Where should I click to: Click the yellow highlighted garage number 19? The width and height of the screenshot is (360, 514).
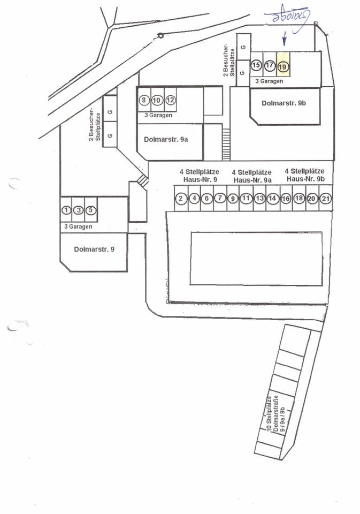coord(283,66)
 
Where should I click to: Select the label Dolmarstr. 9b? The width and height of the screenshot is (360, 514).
coord(284,103)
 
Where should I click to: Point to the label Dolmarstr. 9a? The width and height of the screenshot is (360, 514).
coord(166,139)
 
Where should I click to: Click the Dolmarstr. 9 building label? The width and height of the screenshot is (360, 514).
coord(94,249)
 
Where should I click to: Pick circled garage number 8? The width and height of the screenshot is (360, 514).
coord(143,100)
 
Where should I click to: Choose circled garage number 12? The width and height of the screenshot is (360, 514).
coord(170,100)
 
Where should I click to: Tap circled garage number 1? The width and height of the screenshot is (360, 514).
coord(66,210)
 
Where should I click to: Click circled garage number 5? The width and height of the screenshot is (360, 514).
coord(91,210)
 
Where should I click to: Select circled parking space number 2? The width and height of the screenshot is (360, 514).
coord(181,199)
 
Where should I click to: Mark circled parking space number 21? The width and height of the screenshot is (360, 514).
coord(325,199)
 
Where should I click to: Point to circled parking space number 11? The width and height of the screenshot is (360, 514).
coord(246,199)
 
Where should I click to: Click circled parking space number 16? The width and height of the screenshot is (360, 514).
coord(286,199)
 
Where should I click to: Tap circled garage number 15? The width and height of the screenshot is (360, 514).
coord(256,66)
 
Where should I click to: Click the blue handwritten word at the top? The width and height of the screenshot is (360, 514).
coord(287,16)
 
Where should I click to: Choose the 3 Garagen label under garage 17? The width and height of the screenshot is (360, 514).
coord(269,81)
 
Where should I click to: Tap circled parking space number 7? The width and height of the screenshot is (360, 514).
coord(220,199)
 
